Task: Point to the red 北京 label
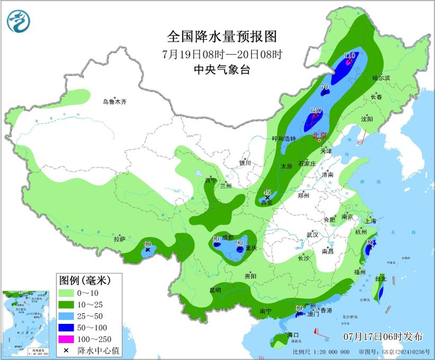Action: point(319,135)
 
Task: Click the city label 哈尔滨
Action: point(380,78)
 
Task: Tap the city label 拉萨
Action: point(119,239)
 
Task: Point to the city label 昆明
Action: point(215,290)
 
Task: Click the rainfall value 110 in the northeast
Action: point(350,55)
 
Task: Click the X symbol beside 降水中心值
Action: point(65,351)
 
